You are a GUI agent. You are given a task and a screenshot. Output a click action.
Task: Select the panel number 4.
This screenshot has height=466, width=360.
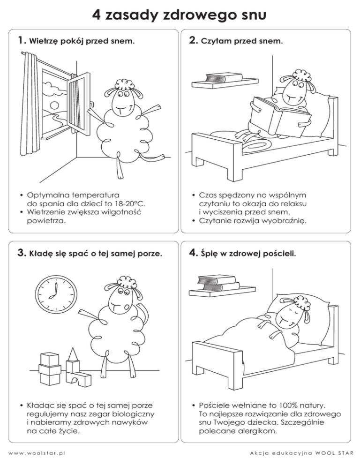click(193, 253)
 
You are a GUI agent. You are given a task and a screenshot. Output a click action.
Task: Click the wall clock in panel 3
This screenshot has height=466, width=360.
click(56, 294)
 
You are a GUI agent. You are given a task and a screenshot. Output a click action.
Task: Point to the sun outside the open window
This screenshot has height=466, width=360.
click(54, 105)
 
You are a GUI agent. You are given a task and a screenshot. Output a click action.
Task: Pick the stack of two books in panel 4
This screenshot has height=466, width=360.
click(218, 283)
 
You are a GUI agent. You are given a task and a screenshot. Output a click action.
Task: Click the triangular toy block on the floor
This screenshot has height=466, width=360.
click(73, 354)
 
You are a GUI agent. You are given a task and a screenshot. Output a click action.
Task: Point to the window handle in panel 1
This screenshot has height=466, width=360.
click(91, 105)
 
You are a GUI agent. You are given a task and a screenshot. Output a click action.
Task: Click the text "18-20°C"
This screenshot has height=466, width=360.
click(130, 204)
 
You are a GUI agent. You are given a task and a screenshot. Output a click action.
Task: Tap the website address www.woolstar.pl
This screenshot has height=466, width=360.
click(37, 453)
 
